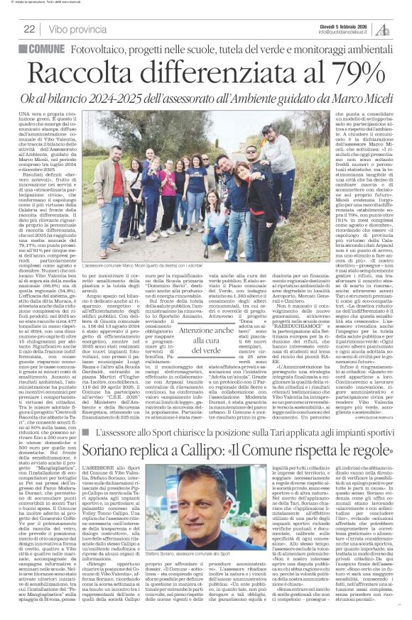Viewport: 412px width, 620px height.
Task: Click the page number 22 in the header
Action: [30, 28]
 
